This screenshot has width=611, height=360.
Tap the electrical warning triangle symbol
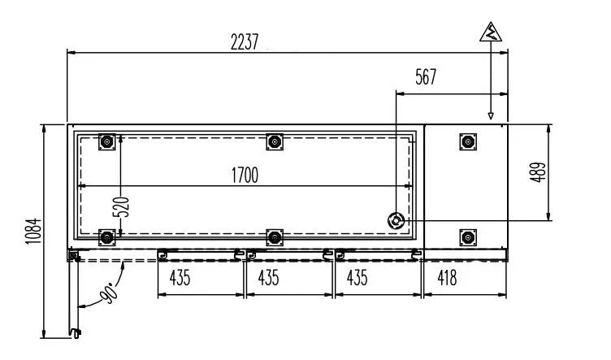pos(490,33)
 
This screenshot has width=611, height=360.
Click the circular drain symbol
pos(396,220)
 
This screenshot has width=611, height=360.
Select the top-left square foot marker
pos(106,142)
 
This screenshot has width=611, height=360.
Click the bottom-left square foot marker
pos(106,237)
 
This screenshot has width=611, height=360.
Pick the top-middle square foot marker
pos(275,142)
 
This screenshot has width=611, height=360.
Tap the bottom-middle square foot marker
pos(275,237)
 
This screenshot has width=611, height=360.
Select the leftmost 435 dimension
pos(180,277)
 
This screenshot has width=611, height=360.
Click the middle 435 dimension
pos(268,277)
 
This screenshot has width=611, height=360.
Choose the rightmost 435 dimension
pos(357,277)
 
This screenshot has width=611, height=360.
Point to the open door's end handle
pos(76,332)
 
